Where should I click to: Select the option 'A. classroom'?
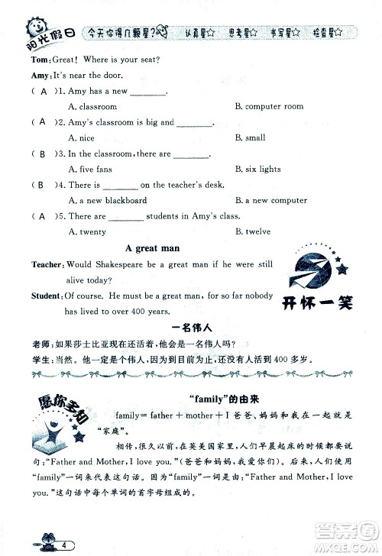click(x=92, y=107)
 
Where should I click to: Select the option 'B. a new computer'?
click(x=270, y=201)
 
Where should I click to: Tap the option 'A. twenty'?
click(x=87, y=231)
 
